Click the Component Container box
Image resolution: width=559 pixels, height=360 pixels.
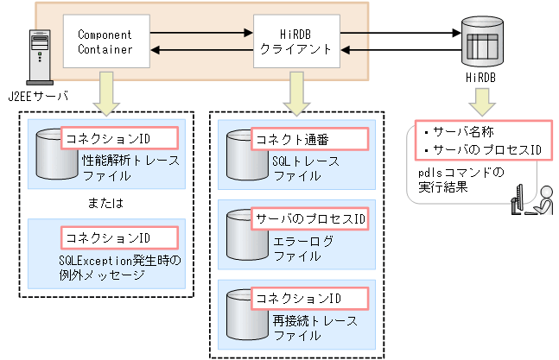tap(105, 42)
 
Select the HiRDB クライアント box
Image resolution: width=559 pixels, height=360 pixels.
tap(295, 42)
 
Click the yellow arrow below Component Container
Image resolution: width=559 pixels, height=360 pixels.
tap(105, 92)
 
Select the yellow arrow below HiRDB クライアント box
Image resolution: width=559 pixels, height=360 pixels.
tap(295, 92)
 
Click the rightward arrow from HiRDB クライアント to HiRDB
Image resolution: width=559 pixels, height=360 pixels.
tap(397, 34)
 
